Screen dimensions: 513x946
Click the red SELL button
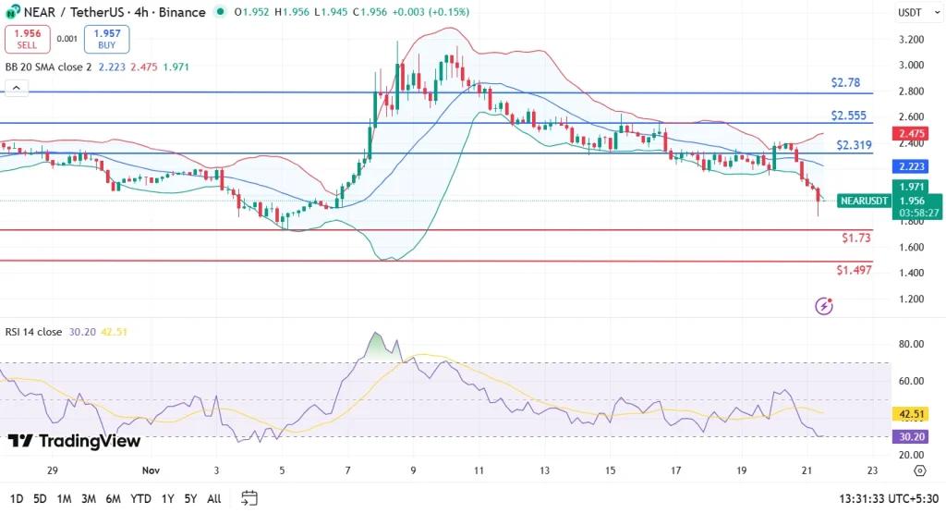tap(26, 39)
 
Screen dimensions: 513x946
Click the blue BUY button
tap(107, 39)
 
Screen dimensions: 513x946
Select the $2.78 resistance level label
tap(844, 82)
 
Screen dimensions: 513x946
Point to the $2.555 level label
tap(847, 115)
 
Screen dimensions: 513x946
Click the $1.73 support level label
tap(855, 238)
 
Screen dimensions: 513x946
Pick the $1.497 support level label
tap(854, 270)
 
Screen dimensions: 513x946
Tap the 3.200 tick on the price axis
tap(911, 40)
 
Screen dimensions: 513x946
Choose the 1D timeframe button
tap(15, 499)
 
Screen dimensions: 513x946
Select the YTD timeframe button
tap(140, 499)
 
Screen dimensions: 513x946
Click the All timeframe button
tap(213, 499)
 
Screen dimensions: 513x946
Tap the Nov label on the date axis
tap(152, 470)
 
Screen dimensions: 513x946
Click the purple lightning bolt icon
tap(824, 305)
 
